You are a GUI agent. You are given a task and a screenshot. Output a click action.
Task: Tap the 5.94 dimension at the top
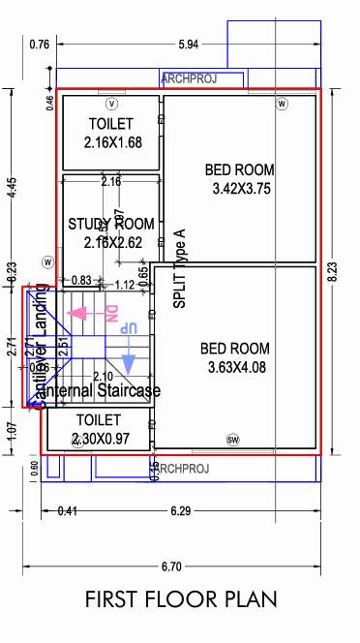[190, 45]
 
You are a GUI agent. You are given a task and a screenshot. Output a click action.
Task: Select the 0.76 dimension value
[40, 45]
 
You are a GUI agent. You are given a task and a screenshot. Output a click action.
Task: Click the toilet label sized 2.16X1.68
[111, 134]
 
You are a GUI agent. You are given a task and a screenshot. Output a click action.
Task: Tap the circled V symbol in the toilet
[111, 104]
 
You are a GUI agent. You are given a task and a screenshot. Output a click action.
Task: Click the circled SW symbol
[232, 439]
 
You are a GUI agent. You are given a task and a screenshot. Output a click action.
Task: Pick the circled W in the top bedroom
[282, 104]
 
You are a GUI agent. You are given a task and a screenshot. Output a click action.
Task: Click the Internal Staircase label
[106, 391]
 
